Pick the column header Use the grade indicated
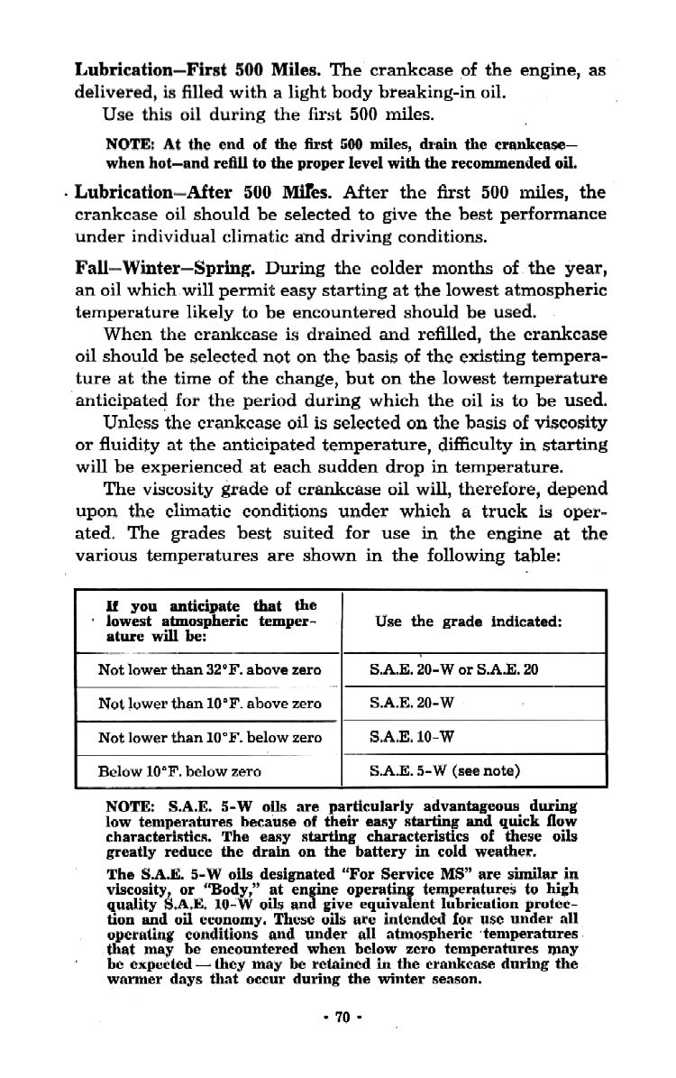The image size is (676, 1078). tap(469, 622)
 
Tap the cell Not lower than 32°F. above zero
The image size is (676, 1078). tap(209, 669)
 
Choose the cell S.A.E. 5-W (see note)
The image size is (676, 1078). tap(445, 771)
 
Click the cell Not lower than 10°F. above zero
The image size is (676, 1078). tap(209, 703)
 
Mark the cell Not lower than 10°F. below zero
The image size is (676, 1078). tap(209, 737)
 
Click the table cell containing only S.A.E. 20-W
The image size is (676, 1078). tap(411, 703)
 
